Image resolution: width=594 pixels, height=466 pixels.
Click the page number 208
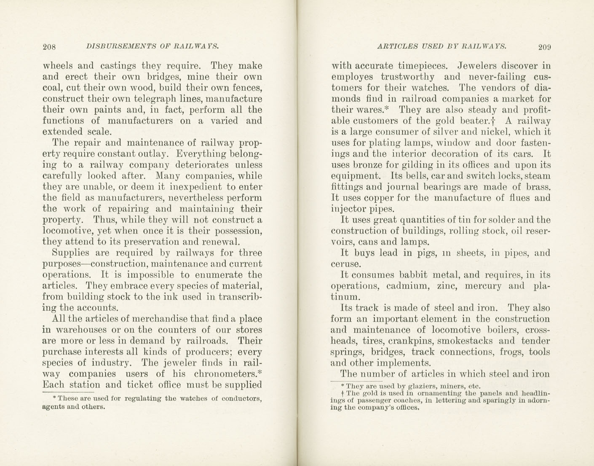[49, 46]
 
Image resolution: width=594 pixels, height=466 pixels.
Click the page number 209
[544, 46]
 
